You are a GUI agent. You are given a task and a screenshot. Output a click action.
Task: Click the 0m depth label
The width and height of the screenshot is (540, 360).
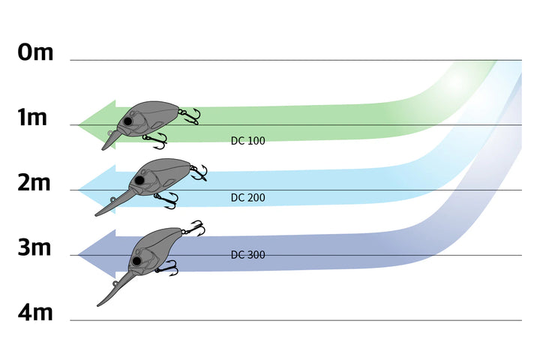pyautogui.click(x=35, y=52)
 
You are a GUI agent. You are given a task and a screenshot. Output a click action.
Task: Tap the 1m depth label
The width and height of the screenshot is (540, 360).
pyautogui.click(x=32, y=117)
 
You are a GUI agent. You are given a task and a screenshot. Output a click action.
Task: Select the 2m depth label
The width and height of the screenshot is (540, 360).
pyautogui.click(x=34, y=182)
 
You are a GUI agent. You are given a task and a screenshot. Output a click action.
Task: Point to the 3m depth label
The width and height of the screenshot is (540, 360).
pyautogui.click(x=34, y=247)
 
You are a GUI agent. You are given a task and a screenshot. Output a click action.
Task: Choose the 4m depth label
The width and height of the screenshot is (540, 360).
pyautogui.click(x=35, y=313)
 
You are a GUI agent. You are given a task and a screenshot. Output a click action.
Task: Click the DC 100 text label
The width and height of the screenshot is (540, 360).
pyautogui.click(x=248, y=140)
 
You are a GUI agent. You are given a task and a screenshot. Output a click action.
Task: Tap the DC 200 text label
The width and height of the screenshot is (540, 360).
pyautogui.click(x=248, y=197)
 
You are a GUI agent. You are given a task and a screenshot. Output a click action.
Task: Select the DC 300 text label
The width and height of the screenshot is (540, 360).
pyautogui.click(x=248, y=254)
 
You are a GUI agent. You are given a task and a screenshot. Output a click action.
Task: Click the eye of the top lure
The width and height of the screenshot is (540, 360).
pyautogui.click(x=127, y=121)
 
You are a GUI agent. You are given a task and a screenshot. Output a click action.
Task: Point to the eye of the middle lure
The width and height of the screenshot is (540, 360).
pyautogui.click(x=139, y=180)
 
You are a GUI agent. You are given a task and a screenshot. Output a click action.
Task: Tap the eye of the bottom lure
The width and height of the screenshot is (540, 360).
pyautogui.click(x=136, y=261)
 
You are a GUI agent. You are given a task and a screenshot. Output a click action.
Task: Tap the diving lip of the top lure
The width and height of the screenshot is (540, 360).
pyautogui.click(x=110, y=140)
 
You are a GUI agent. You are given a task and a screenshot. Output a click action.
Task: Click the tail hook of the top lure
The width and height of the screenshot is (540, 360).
pyautogui.click(x=190, y=116)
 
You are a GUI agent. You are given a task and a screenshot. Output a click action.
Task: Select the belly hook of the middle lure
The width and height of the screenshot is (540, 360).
pyautogui.click(x=166, y=200)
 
